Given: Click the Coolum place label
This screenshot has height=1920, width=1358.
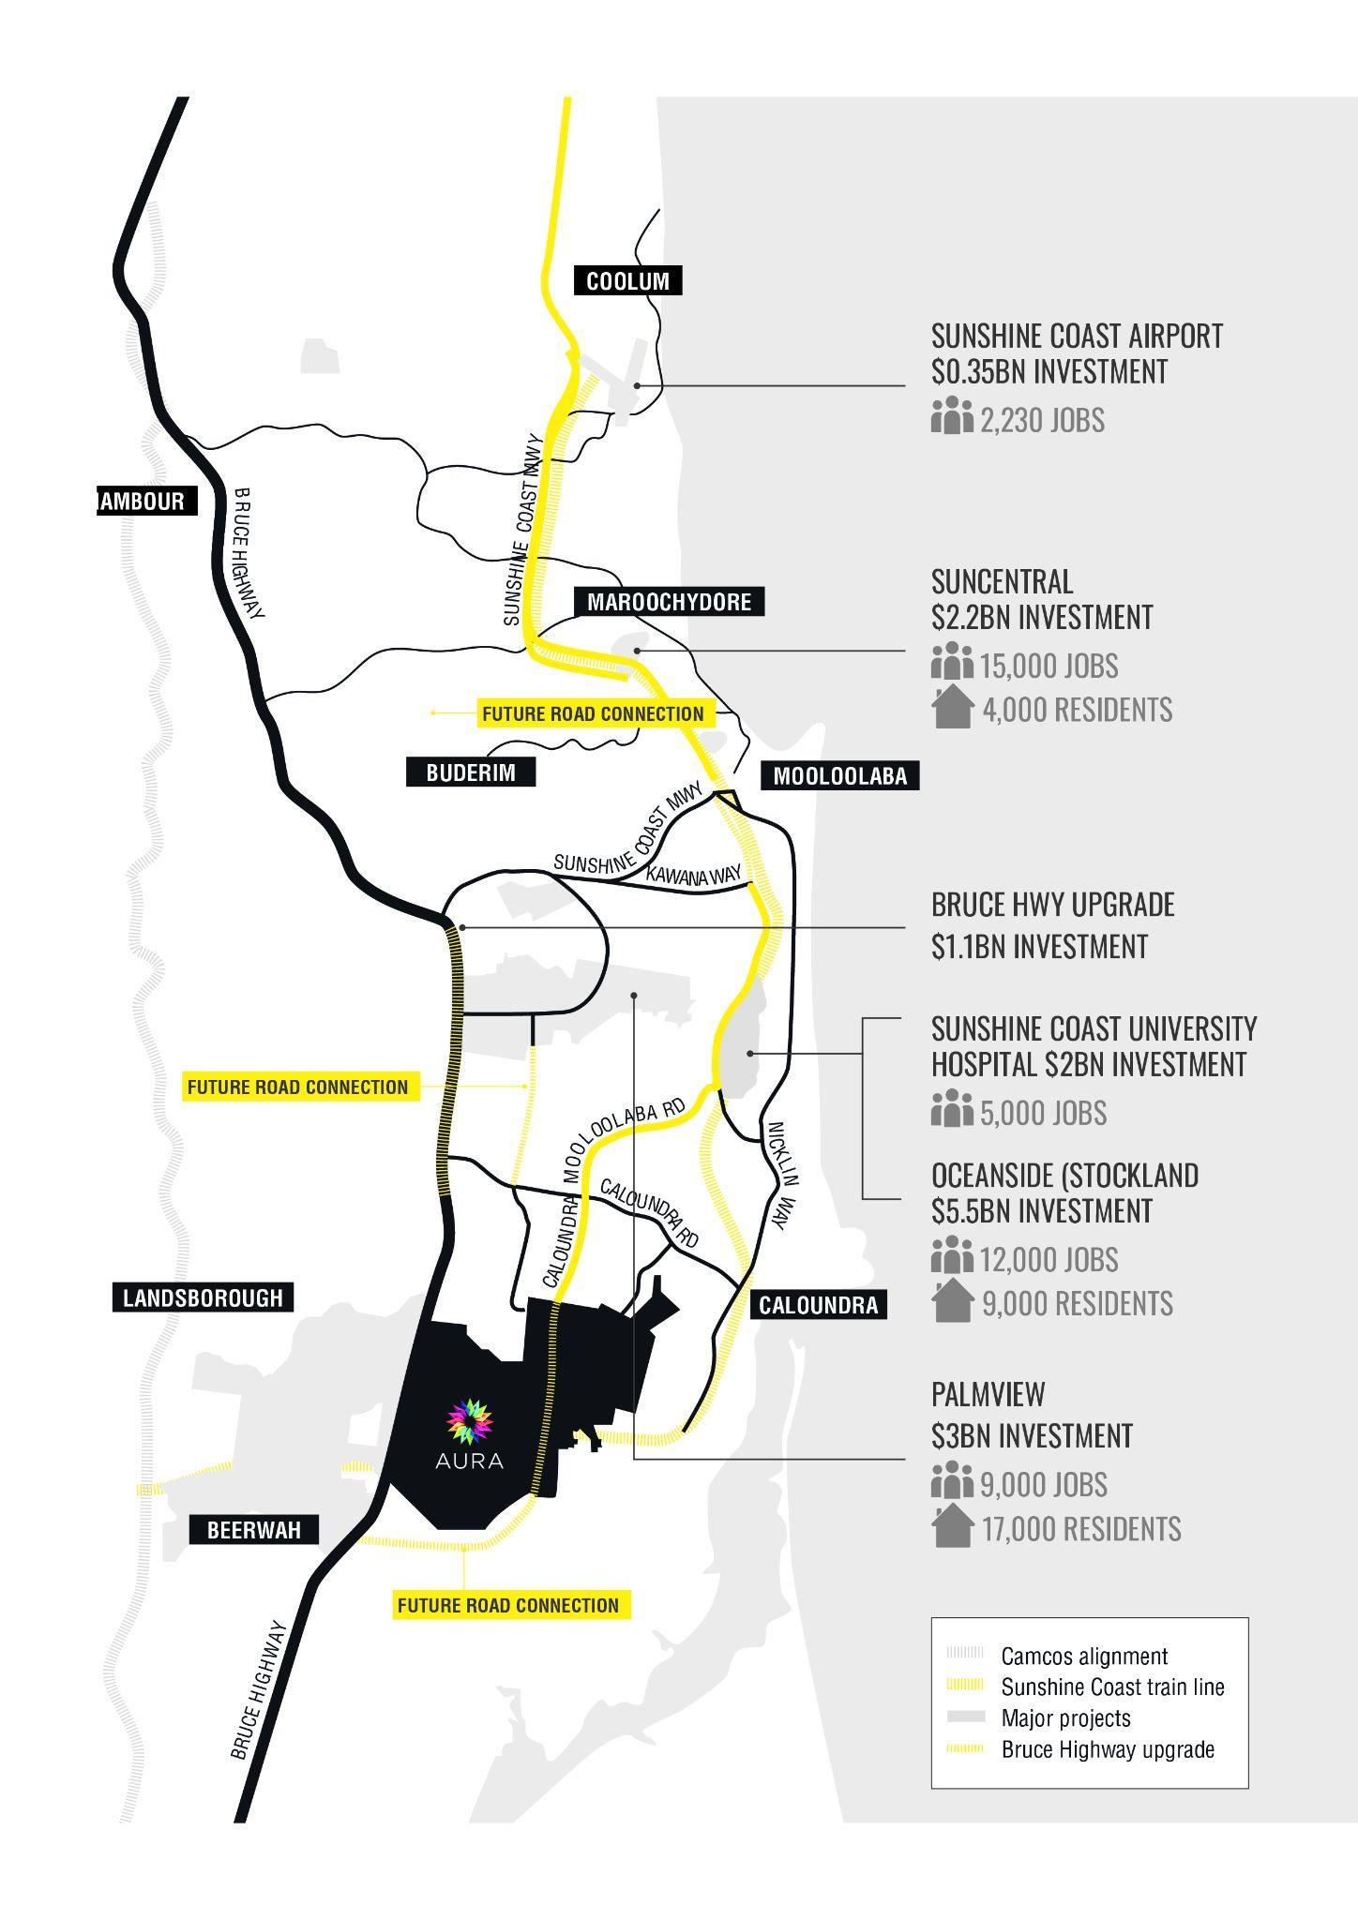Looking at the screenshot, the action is (627, 280).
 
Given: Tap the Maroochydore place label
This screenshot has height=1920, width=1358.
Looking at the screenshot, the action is (669, 602).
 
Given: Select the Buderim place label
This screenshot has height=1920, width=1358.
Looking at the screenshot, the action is (471, 772).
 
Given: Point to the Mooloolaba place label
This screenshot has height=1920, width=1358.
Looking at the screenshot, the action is (839, 775).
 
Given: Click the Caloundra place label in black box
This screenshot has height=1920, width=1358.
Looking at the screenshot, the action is (818, 1305).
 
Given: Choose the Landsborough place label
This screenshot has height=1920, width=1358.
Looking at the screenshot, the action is (203, 1297).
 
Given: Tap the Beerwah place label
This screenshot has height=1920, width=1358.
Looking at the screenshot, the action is (254, 1530).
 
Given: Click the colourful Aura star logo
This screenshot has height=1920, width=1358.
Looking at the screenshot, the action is (470, 1420).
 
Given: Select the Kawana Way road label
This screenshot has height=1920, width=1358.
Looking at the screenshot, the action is (695, 875).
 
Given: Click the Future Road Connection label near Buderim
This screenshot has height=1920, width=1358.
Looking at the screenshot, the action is (593, 713).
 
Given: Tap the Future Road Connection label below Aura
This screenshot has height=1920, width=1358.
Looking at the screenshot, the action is (508, 1605).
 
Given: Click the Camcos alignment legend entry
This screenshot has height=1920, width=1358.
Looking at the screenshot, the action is (1083, 1657).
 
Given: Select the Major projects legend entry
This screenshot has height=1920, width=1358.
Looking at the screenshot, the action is (1065, 1718).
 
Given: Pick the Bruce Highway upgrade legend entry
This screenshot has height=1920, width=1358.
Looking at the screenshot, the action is (1107, 1749).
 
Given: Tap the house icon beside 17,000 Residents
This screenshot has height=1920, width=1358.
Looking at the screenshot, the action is (953, 1526).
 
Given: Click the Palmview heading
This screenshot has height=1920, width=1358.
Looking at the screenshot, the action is (988, 1394).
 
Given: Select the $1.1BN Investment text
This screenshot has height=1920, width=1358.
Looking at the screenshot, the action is (1039, 947).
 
